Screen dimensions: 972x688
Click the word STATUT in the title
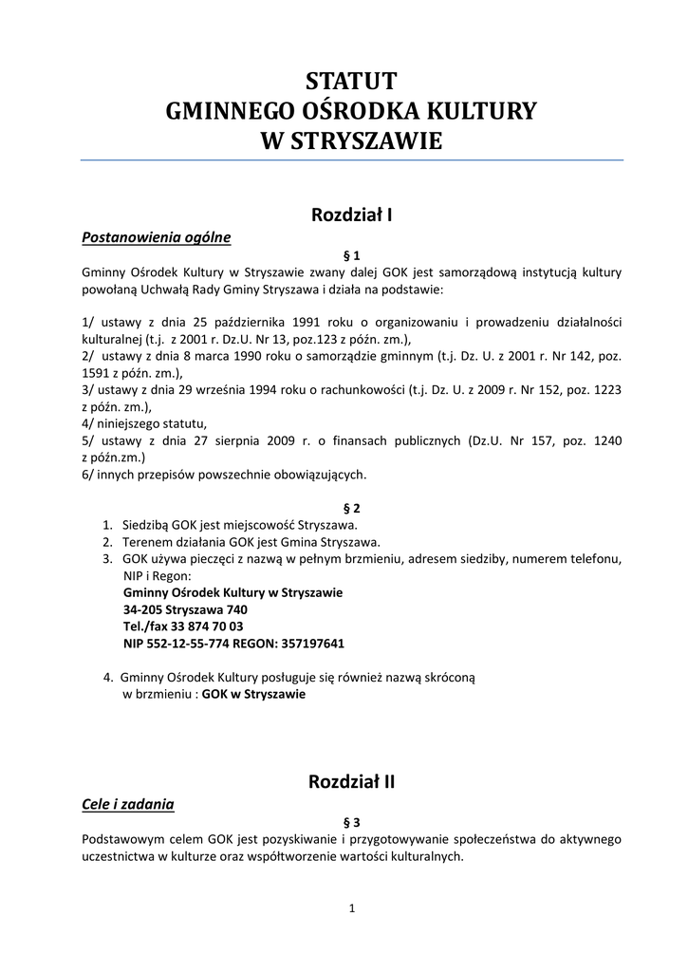point(351,80)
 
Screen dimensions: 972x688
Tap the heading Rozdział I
point(351,215)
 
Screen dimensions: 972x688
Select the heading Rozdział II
point(351,782)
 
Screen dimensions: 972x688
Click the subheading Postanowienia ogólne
point(157,236)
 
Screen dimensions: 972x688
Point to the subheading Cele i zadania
point(128,804)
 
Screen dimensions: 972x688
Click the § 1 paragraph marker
point(351,254)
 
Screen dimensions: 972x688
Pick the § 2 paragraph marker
point(351,508)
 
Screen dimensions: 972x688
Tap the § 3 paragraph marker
point(351,821)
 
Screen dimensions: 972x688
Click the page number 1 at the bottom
point(351,908)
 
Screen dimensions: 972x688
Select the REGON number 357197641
point(311,644)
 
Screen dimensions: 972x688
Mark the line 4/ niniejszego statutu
point(144,423)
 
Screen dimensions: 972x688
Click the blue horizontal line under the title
point(351,160)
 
